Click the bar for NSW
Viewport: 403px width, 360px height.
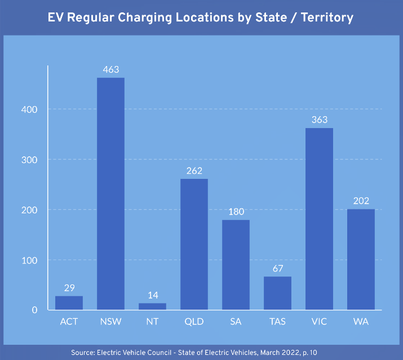pyautogui.click(x=110, y=194)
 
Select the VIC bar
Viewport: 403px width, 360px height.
pyautogui.click(x=319, y=219)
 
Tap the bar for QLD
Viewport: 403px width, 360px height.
pyautogui.click(x=194, y=244)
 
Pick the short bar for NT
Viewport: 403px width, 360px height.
pyautogui.click(x=152, y=306)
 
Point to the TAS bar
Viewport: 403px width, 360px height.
pyautogui.click(x=277, y=293)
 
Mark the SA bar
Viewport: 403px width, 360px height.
pyautogui.click(x=236, y=265)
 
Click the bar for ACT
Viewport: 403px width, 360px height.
pyautogui.click(x=69, y=303)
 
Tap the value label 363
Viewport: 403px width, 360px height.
pyautogui.click(x=319, y=120)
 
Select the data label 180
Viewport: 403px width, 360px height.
pyautogui.click(x=236, y=212)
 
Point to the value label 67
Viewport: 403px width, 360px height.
pyautogui.click(x=277, y=269)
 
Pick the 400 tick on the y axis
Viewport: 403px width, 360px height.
pyautogui.click(x=32, y=109)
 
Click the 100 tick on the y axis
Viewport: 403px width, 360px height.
pyautogui.click(x=32, y=260)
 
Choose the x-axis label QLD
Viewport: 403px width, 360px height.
pyautogui.click(x=194, y=322)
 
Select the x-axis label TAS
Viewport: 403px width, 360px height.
pyautogui.click(x=277, y=322)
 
